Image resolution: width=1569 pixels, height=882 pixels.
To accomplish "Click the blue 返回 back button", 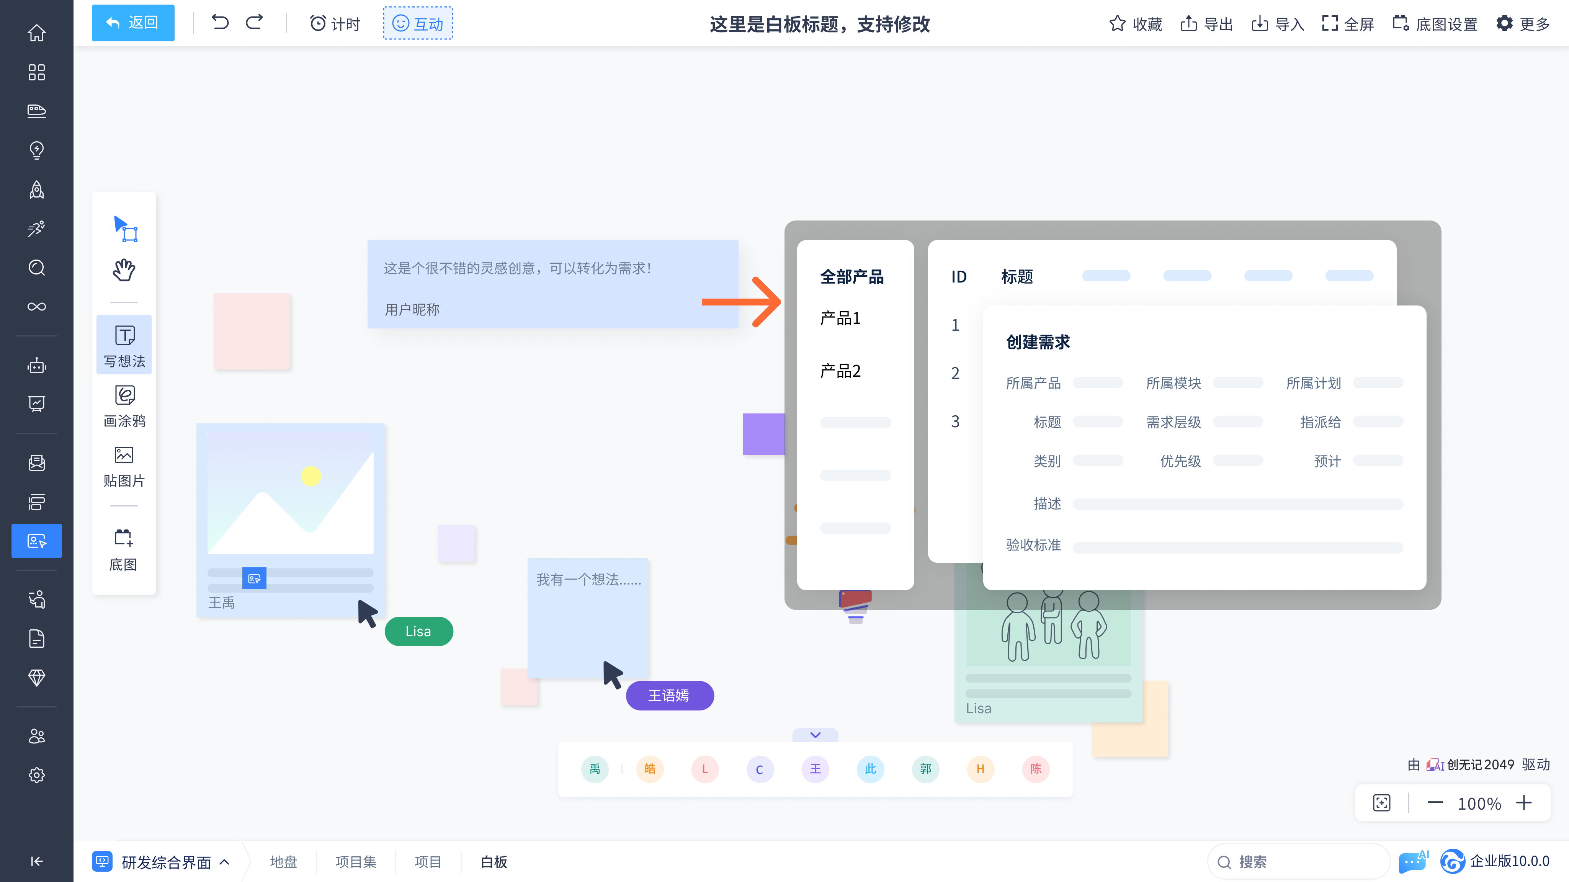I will coord(133,23).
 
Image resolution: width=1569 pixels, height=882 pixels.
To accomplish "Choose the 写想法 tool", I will coord(124,345).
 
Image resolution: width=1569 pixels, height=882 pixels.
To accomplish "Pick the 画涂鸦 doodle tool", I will coord(124,405).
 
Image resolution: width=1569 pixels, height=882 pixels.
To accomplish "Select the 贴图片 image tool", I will coord(124,465).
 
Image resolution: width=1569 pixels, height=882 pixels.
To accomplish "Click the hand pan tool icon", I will coord(124,269).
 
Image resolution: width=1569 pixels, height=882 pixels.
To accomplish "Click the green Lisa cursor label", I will coord(418,631).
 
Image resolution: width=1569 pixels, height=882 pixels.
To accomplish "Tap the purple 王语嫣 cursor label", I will coord(669,695).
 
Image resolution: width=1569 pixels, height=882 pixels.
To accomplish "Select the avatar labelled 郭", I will coord(925,769).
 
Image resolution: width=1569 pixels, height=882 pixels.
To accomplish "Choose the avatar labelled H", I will coord(980,769).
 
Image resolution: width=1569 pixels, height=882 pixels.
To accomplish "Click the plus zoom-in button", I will coord(1524,803).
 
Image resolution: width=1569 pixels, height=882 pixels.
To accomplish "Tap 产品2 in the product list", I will coord(840,371).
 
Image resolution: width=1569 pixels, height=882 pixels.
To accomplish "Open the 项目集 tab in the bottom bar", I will coord(356,861).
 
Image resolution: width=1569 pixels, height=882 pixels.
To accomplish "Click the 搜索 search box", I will coord(1297,861).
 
